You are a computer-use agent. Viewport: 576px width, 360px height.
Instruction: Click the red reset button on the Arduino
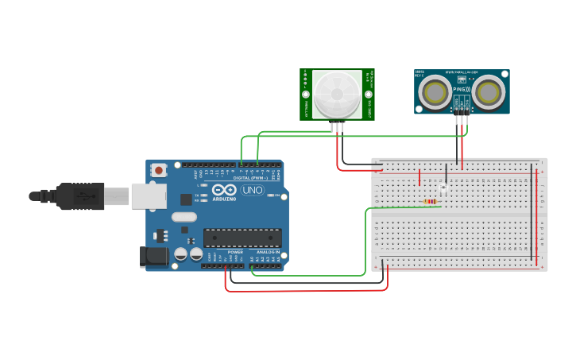tap(160, 169)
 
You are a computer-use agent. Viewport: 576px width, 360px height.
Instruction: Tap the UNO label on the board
tap(252, 191)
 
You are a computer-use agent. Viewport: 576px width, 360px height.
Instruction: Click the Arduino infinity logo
tap(224, 191)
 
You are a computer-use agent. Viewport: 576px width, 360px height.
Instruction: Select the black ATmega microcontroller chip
tap(242, 237)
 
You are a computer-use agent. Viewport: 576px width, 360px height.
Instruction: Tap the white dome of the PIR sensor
tap(338, 94)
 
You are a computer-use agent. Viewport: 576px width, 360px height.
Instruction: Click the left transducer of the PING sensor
tap(435, 93)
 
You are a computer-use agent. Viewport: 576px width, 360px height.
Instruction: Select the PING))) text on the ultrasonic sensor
tap(462, 90)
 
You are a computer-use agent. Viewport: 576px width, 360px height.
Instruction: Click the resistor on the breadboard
tap(430, 202)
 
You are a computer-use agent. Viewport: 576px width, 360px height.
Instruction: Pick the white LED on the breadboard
tap(443, 188)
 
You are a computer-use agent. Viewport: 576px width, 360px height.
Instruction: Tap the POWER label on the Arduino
tap(235, 252)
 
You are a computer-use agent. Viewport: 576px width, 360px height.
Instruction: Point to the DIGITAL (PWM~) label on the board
tap(251, 177)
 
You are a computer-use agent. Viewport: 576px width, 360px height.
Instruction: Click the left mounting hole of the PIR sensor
tap(306, 94)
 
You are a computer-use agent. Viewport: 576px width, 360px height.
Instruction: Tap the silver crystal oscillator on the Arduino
tap(184, 216)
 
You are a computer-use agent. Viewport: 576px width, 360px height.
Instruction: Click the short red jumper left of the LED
tap(419, 176)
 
